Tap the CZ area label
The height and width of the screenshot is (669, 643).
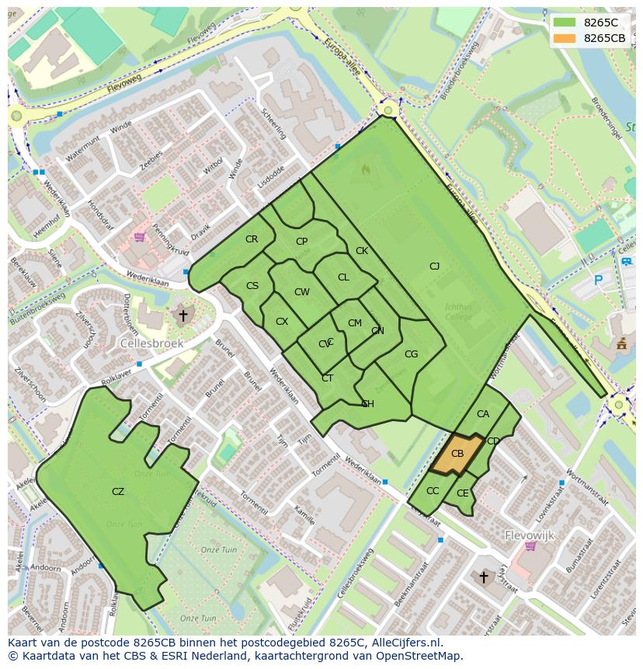pos(118,492)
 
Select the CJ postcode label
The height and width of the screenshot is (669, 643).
pos(434,267)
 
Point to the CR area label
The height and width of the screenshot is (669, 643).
pos(252,239)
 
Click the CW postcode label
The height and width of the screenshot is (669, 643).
pos(302,292)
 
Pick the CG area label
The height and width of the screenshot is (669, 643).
pos(411,354)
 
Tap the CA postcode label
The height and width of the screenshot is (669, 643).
pos(483,414)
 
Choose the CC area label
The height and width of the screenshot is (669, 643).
pos(433,491)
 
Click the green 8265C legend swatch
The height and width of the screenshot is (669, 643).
pos(565,23)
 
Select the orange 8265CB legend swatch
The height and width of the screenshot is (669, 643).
pos(565,38)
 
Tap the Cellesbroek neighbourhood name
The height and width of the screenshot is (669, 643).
pos(151,342)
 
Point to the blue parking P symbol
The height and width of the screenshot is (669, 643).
pos(598,280)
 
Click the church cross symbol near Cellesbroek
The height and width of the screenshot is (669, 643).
pos(183,316)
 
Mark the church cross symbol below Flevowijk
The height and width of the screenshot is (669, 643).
pos(484,577)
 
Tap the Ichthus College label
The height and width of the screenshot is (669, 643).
pos(458,312)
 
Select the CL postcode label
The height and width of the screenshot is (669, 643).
pos(343,277)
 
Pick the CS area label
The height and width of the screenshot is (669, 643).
pos(252,286)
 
